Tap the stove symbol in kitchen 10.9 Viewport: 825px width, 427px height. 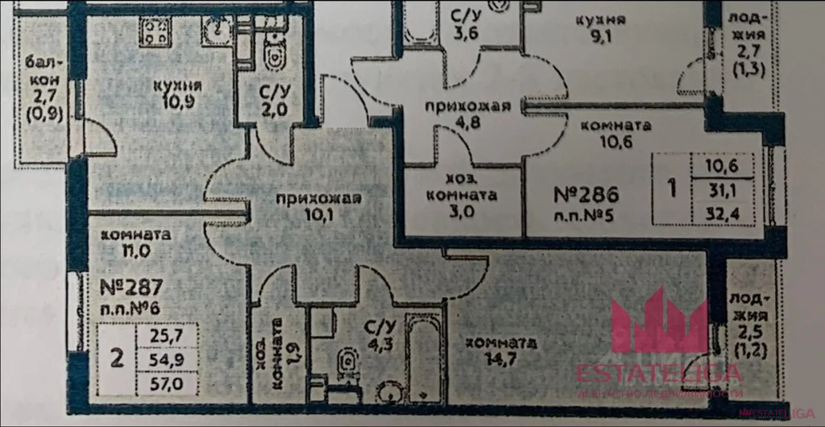[155, 32]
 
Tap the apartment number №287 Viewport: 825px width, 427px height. [133, 286]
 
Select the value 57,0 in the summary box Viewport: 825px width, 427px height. [161, 383]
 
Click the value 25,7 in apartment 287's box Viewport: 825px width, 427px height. [161, 332]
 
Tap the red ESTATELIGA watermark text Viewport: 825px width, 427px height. [658, 372]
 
